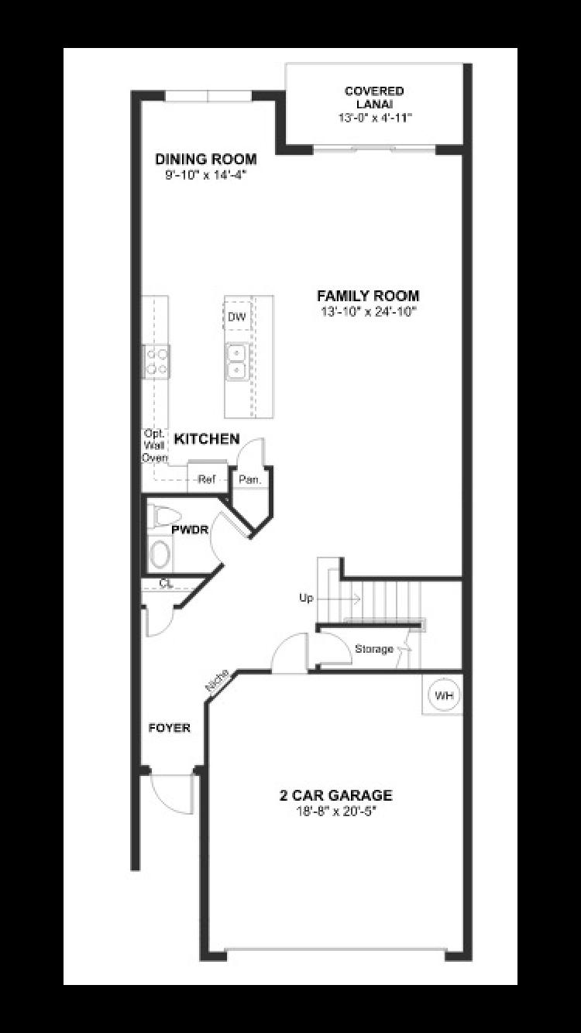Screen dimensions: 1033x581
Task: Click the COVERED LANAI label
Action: [375, 98]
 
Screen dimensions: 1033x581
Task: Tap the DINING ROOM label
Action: [206, 160]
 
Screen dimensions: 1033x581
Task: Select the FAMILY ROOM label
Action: [368, 296]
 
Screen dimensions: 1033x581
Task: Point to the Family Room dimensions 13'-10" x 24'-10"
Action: [368, 311]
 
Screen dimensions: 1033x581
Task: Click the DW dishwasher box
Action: [236, 317]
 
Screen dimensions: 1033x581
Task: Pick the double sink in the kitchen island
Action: [236, 362]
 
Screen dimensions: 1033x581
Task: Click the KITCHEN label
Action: [207, 439]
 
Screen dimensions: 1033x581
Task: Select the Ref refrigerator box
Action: [206, 479]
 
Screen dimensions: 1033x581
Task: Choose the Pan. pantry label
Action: [249, 479]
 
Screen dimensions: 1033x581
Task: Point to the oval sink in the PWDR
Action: [160, 554]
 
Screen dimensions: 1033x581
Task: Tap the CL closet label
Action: [166, 583]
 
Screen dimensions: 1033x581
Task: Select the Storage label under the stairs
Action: [374, 649]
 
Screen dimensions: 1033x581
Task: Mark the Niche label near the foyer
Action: [216, 682]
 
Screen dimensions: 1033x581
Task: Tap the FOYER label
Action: [170, 728]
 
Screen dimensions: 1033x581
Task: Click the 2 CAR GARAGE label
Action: [336, 795]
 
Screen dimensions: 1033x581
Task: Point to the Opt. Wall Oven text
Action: [154, 445]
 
